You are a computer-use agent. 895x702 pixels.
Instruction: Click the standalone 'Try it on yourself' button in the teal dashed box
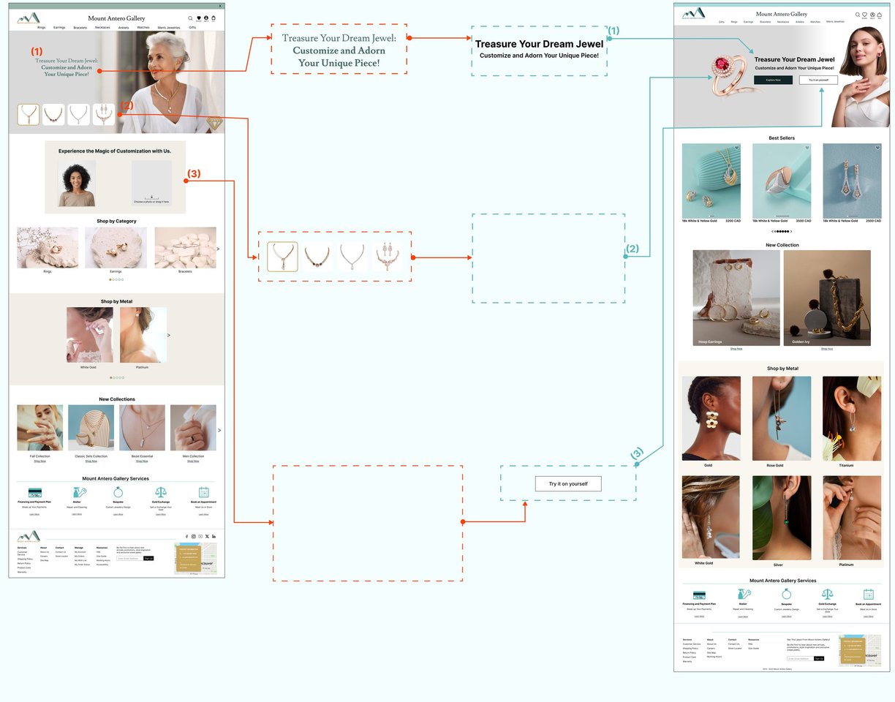click(x=568, y=483)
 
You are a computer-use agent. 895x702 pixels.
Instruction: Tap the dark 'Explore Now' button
click(x=773, y=80)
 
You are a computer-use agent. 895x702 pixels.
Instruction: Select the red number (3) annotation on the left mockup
click(x=194, y=174)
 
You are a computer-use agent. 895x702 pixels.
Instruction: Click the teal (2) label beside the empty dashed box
click(x=632, y=249)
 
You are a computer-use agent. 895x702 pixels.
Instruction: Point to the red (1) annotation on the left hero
click(x=37, y=52)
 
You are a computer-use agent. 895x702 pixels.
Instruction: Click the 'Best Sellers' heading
click(x=782, y=137)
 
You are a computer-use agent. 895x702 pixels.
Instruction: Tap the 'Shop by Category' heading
click(x=116, y=221)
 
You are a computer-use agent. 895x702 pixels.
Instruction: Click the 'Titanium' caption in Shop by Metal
click(x=846, y=465)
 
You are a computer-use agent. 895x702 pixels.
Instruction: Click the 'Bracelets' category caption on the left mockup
click(x=185, y=271)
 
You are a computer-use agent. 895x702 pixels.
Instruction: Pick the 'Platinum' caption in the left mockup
click(x=142, y=367)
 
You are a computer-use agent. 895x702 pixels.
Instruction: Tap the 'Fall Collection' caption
click(x=39, y=456)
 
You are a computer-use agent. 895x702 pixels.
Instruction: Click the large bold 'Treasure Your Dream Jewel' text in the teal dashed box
click(x=539, y=44)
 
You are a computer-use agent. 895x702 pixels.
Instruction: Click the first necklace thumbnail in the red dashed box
click(x=282, y=257)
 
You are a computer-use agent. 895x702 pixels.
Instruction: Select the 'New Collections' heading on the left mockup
click(x=117, y=399)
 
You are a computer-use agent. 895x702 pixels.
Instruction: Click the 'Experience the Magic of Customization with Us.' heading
click(x=115, y=151)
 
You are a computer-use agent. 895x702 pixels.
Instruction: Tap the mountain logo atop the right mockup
click(x=694, y=13)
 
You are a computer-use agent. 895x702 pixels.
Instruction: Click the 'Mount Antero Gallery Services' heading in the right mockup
click(x=782, y=581)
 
